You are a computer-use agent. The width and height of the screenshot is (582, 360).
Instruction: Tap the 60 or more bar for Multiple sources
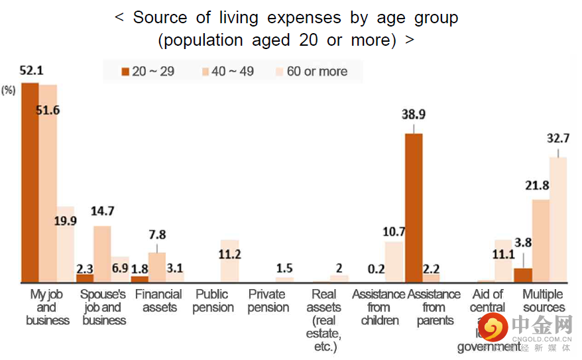[x=558, y=219]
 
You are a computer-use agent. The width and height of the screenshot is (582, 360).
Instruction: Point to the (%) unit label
[x=9, y=91]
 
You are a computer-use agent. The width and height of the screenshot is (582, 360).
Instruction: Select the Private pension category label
[x=268, y=301]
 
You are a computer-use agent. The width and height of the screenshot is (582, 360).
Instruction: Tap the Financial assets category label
[x=158, y=301]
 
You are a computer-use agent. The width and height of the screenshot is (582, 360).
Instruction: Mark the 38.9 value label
[x=414, y=115]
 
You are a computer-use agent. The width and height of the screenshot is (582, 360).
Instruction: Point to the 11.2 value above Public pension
[x=229, y=255]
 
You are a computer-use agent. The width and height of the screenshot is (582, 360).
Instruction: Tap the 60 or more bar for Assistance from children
[x=394, y=262]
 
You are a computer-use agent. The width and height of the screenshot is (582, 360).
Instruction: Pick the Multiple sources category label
[x=544, y=301]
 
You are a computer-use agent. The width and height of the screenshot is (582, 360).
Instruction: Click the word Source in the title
[x=160, y=18]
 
